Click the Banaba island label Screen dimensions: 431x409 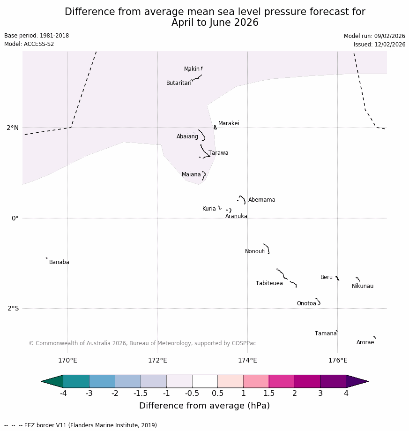(x=59, y=262)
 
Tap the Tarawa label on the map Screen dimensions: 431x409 (x=218, y=153)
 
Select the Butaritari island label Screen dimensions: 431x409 (x=178, y=83)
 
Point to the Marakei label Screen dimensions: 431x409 (x=229, y=123)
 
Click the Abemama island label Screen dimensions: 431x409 (x=261, y=200)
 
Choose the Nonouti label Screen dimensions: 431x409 (x=255, y=251)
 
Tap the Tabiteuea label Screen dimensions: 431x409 (x=269, y=283)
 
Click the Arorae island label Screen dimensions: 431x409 (x=365, y=342)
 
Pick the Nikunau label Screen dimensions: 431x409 (x=362, y=286)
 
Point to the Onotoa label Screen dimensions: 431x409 (x=306, y=303)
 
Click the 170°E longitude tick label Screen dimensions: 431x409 (x=67, y=361)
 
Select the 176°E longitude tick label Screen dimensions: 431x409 (x=338, y=361)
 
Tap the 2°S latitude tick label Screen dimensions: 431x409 (x=13, y=308)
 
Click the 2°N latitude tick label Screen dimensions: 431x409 (x=13, y=128)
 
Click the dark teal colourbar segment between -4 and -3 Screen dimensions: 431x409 (x=76, y=381)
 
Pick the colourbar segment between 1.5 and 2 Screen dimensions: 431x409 (x=282, y=381)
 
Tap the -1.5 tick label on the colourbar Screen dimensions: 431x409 (x=141, y=393)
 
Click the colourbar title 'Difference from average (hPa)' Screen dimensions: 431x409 (x=204, y=406)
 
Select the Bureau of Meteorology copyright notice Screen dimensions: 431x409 (x=142, y=343)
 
